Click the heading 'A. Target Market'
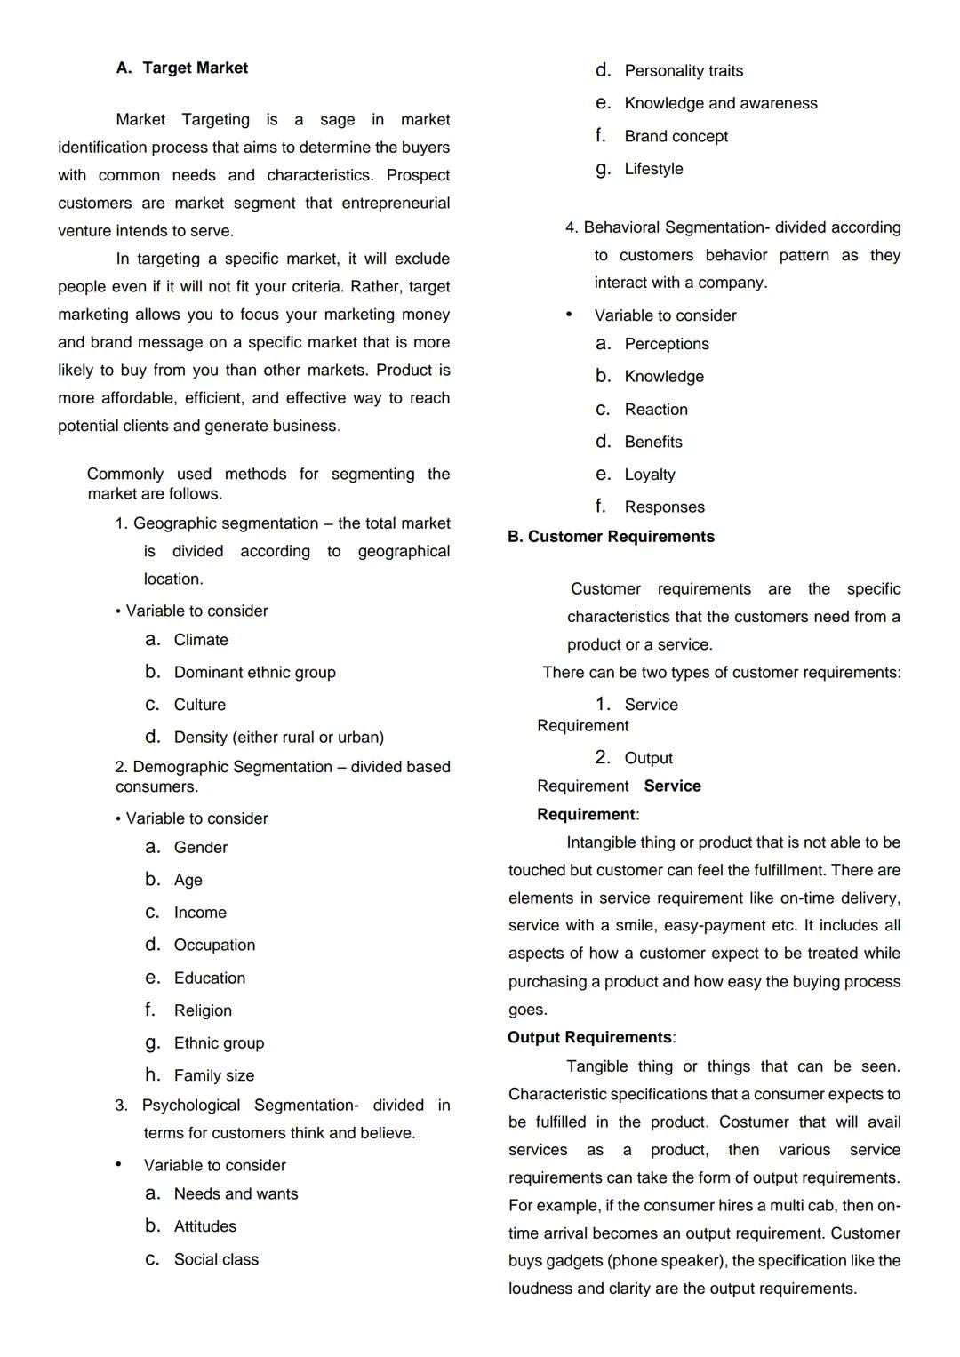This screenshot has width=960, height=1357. [x=182, y=68]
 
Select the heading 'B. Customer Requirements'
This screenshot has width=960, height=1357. [x=611, y=537]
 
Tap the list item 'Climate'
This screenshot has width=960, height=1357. [x=201, y=640]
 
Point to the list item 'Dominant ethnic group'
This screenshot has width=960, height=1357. [x=254, y=673]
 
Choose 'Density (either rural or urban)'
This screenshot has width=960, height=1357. [x=278, y=738]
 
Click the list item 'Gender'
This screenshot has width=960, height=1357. [x=201, y=848]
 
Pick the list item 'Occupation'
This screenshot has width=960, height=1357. [x=214, y=946]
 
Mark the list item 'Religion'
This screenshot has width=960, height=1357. [x=203, y=1010]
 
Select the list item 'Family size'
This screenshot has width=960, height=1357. [x=213, y=1075]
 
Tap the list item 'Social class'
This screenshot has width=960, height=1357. [x=216, y=1259]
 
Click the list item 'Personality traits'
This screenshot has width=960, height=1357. [x=684, y=71]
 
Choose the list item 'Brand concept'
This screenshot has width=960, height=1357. [x=676, y=137]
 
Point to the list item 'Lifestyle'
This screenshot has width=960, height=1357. [x=653, y=169]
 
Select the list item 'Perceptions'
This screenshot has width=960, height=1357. [x=667, y=344]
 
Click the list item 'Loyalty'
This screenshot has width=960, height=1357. [x=650, y=475]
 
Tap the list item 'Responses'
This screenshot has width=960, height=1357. [x=664, y=507]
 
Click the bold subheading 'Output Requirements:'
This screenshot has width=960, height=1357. [x=591, y=1038]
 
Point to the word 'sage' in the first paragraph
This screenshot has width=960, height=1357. [x=337, y=120]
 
